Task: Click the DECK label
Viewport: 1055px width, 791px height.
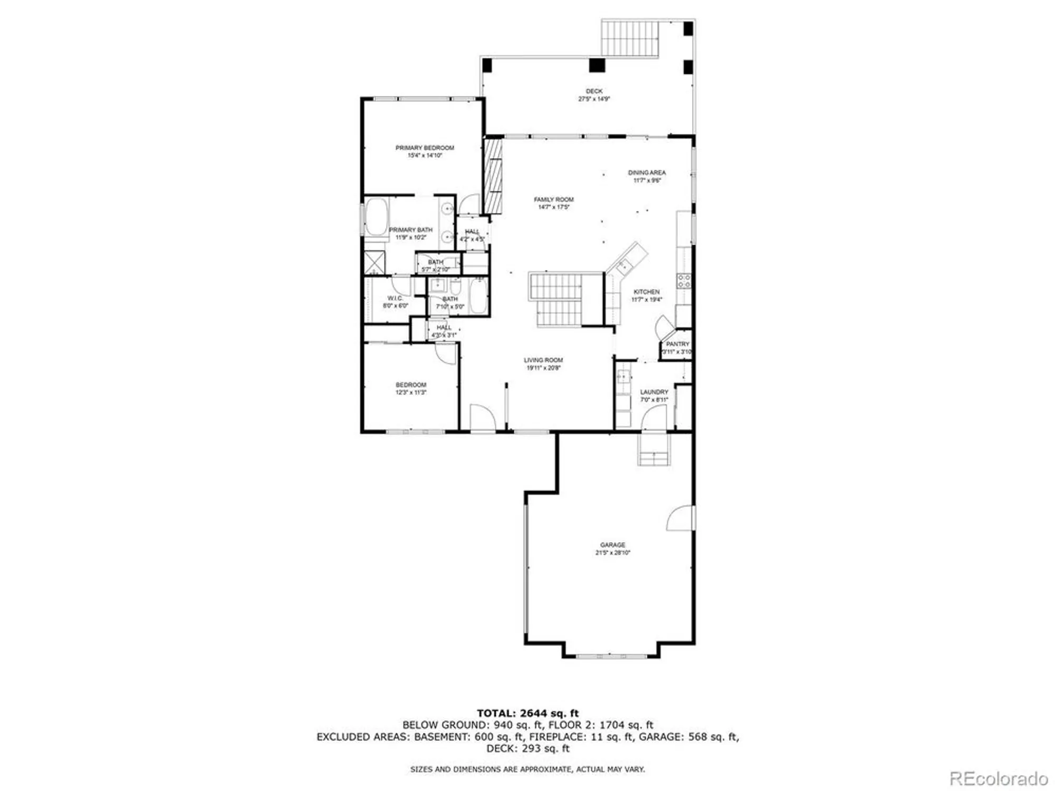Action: (x=594, y=91)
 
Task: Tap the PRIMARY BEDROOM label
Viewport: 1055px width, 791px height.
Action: (x=425, y=148)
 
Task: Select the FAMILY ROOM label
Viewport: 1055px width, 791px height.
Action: (x=553, y=199)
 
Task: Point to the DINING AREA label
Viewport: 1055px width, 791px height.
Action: (x=647, y=172)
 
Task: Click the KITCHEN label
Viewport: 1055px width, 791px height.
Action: (x=647, y=292)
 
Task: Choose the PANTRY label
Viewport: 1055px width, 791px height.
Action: (x=677, y=344)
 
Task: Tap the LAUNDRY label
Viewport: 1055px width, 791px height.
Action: (x=654, y=392)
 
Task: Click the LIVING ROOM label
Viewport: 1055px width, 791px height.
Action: (x=543, y=360)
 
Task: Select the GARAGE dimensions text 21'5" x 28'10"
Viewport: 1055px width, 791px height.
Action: (x=612, y=553)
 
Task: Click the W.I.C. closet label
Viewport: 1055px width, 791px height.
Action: (x=395, y=298)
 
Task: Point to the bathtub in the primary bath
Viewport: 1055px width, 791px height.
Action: (x=376, y=217)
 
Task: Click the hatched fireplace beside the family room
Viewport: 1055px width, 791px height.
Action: (x=493, y=175)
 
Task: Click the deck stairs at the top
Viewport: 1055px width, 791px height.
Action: (x=631, y=38)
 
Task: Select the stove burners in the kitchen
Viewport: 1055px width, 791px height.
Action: (x=684, y=281)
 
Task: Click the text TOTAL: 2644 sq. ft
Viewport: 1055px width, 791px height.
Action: (x=527, y=713)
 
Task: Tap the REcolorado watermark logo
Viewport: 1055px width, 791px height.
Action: (x=999, y=778)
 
